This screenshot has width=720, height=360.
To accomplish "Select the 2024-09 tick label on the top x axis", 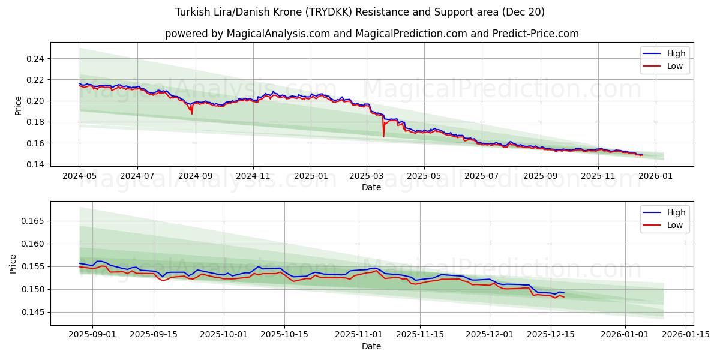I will click(x=196, y=176).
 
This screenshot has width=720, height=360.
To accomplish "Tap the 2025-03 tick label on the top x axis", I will click(x=366, y=176).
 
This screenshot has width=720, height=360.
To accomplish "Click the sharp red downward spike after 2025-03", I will click(x=383, y=136).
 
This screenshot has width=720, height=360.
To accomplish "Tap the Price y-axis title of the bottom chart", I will click(x=13, y=263).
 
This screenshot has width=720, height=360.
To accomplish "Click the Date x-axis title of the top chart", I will click(x=371, y=187).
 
